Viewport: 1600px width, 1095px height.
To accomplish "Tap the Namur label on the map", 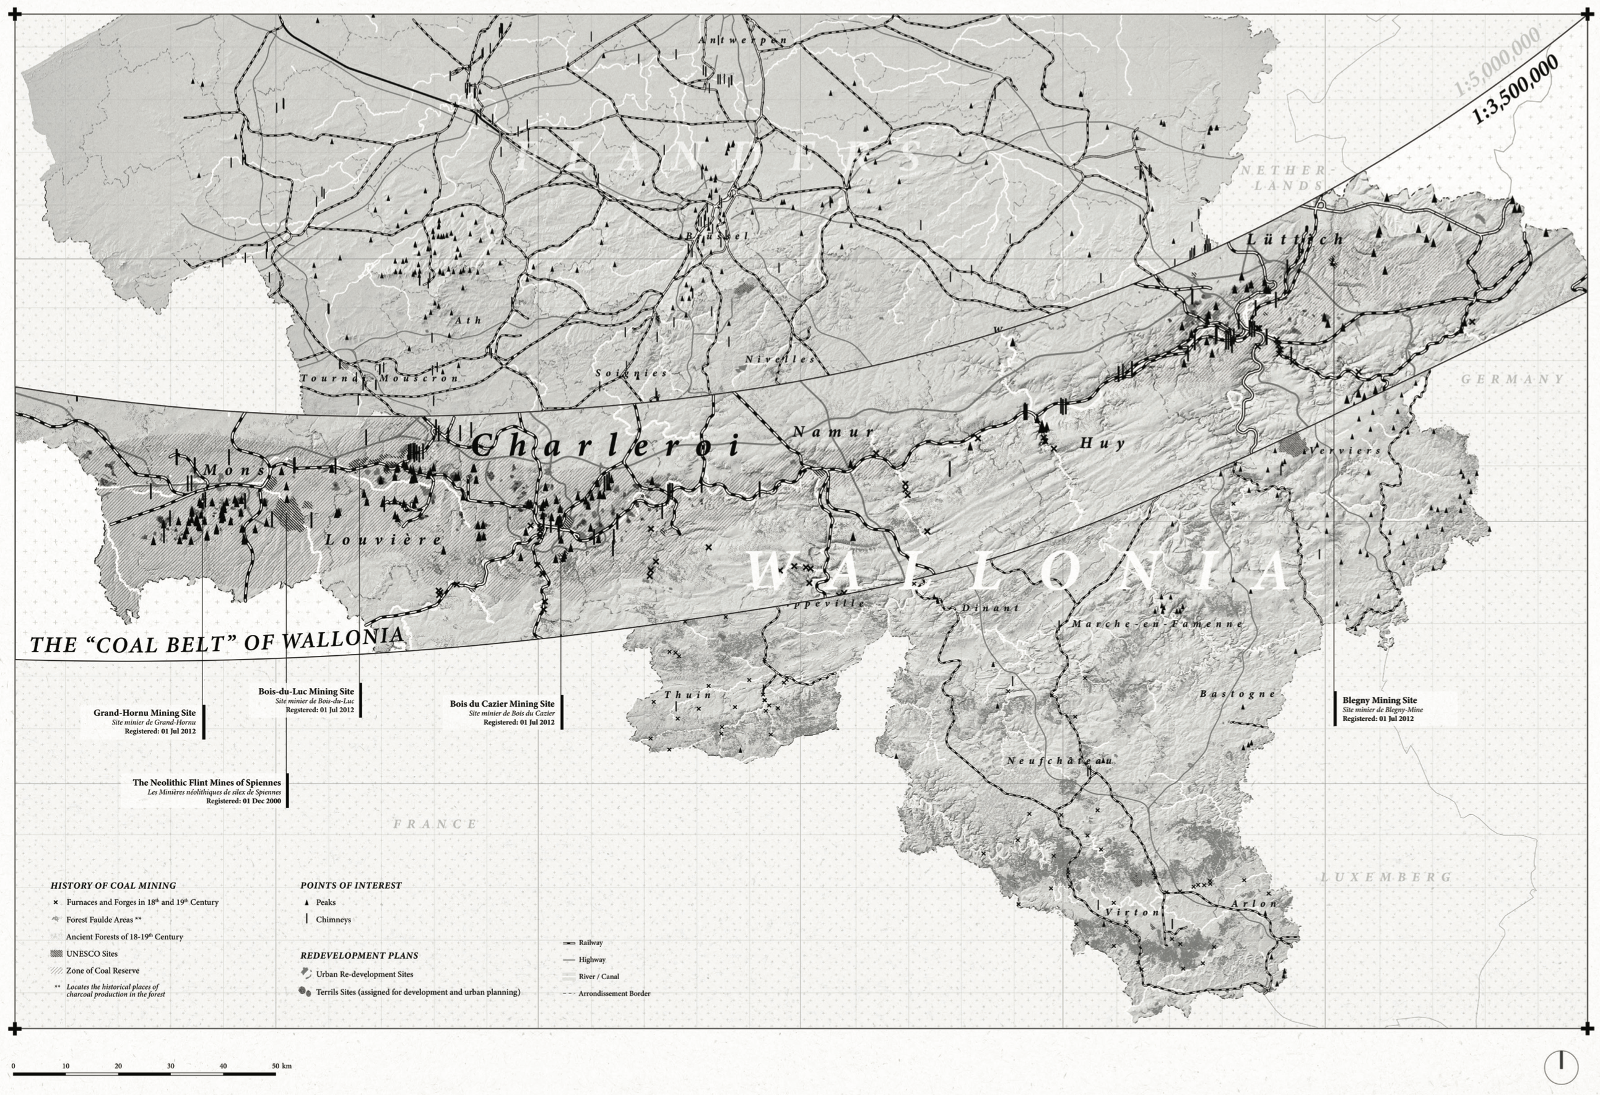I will (833, 432).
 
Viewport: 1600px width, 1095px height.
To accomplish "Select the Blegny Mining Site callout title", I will (1379, 700).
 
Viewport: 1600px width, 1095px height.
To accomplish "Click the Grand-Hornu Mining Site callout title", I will (144, 713).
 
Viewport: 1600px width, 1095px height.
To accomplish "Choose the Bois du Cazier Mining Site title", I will (502, 704).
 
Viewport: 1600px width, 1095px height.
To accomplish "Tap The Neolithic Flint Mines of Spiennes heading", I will (207, 782).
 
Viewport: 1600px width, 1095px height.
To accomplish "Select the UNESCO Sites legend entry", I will (92, 954).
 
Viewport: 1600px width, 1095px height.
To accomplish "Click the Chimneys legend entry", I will (333, 919).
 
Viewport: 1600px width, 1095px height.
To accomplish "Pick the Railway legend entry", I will (590, 943).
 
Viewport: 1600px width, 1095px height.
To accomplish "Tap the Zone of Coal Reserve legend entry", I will (103, 971).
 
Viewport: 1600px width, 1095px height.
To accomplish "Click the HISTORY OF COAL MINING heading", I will (113, 886).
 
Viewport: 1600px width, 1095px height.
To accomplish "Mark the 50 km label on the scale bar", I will (282, 1066).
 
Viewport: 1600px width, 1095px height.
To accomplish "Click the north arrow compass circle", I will (1561, 1067).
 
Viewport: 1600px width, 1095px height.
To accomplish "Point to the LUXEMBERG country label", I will (1386, 878).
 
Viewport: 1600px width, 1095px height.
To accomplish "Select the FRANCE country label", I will (435, 824).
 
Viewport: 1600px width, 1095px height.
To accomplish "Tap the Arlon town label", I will (1254, 904).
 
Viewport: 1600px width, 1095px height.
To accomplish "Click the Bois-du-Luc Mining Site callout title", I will (307, 691).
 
